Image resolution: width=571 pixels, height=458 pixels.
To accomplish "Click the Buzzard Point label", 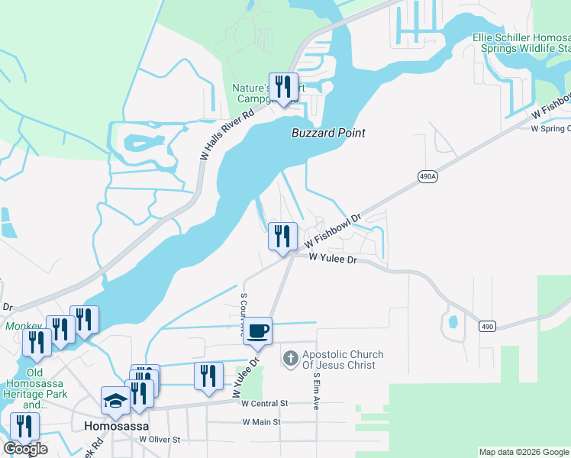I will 328,133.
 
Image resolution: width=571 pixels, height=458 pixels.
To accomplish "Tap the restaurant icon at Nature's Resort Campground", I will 284,87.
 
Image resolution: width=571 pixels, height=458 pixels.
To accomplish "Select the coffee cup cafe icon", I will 258,331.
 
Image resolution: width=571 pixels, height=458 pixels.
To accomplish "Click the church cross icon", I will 290,357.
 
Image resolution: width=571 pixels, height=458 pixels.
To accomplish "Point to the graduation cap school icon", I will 116,402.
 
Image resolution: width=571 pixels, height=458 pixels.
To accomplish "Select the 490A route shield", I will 428,176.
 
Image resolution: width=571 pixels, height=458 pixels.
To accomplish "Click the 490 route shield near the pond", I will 486,326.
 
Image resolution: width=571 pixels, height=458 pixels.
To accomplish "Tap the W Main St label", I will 262,421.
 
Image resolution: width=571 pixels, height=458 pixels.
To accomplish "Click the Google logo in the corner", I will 25,449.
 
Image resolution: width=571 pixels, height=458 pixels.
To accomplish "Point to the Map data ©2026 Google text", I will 524,452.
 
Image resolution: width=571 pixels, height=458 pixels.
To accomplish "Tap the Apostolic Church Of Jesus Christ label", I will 343,360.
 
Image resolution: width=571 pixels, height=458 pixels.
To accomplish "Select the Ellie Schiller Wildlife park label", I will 521,42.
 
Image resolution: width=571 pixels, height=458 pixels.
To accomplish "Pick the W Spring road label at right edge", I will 550,128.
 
